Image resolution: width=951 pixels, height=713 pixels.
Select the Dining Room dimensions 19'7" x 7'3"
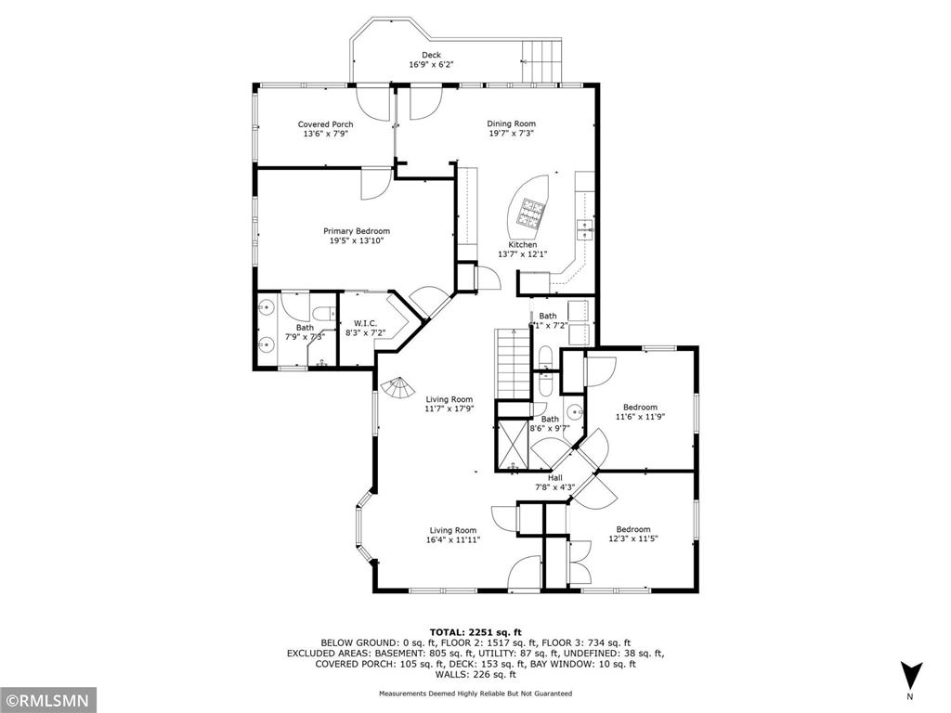pyautogui.click(x=512, y=134)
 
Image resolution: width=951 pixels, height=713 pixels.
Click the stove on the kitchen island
pyautogui.click(x=533, y=213)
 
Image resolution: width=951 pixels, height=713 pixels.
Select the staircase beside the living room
pyautogui.click(x=512, y=361)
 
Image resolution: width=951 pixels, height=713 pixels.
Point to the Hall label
pyautogui.click(x=555, y=478)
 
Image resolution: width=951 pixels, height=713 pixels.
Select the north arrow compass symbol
pyautogui.click(x=910, y=676)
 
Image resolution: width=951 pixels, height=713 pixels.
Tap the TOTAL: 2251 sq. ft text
pyautogui.click(x=475, y=631)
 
